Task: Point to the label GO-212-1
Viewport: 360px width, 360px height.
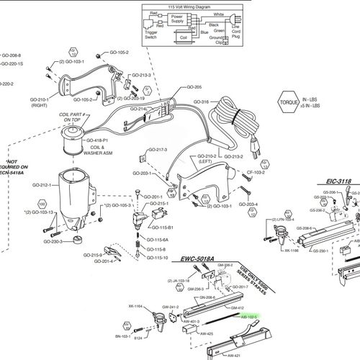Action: coord(43,185)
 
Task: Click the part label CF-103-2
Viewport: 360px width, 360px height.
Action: coord(256,173)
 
